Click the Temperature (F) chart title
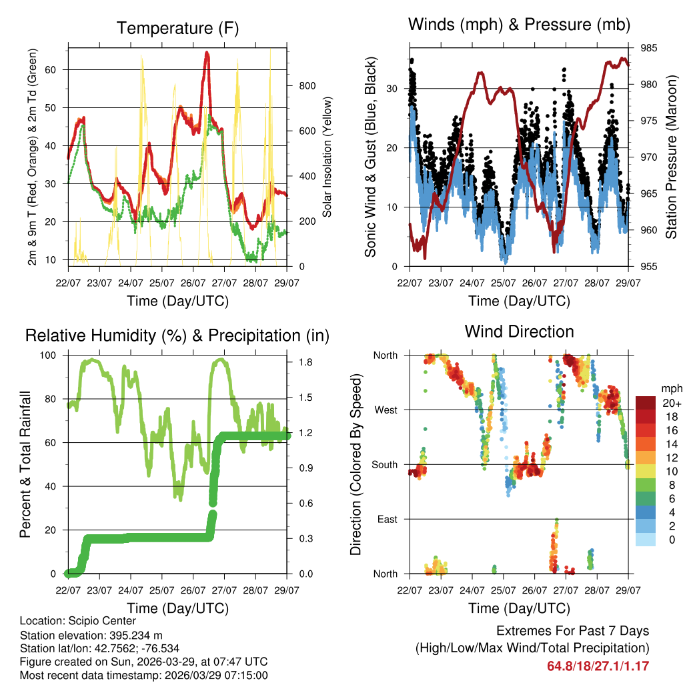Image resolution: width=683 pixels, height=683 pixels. coord(177,28)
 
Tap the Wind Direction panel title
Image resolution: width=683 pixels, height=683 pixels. coord(519,331)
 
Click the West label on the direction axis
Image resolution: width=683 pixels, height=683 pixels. coord(386,410)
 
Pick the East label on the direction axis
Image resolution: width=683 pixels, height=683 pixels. coord(387,519)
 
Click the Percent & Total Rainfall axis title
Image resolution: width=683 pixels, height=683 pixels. coord(25,465)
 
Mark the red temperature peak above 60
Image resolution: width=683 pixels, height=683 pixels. coord(207,53)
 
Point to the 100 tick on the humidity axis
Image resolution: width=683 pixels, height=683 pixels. coord(53,355)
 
